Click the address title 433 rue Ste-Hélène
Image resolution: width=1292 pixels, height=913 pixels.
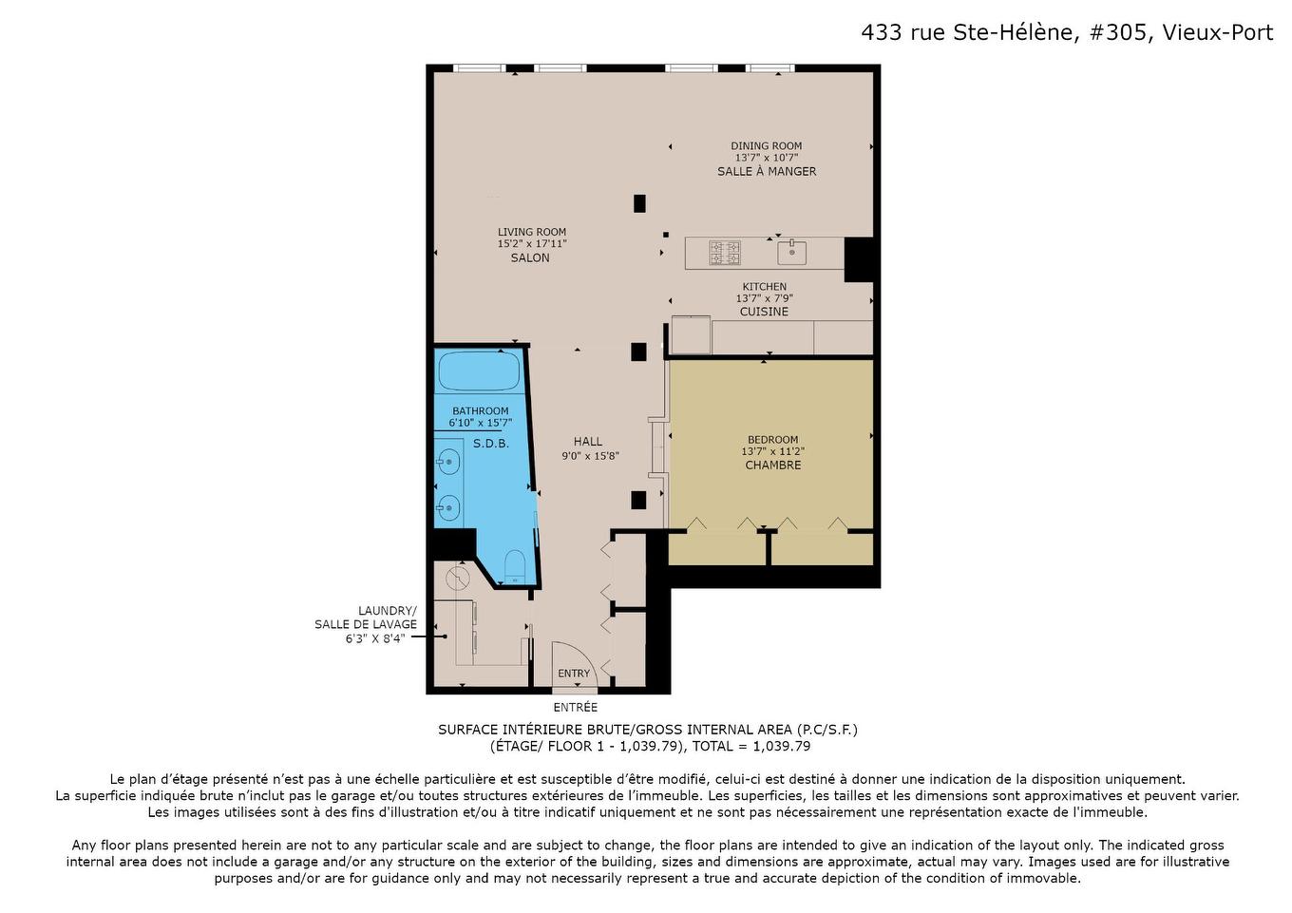click(1066, 32)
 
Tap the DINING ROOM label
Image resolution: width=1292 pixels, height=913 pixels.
click(766, 146)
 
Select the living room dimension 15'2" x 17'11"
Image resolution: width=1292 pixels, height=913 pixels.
click(532, 244)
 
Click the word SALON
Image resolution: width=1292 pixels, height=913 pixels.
click(530, 258)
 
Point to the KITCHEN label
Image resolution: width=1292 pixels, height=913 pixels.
click(764, 287)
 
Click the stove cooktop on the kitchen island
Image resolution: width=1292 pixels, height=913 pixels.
click(725, 253)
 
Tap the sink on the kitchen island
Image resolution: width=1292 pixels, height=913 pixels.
click(791, 253)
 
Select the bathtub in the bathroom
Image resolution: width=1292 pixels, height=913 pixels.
click(479, 371)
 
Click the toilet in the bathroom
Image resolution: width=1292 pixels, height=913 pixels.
click(514, 568)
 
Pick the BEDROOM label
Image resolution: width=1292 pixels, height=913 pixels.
click(772, 440)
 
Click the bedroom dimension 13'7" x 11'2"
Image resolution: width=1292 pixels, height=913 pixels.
click(772, 452)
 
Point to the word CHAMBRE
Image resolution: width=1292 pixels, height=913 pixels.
click(772, 466)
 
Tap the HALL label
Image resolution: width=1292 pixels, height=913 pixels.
click(588, 442)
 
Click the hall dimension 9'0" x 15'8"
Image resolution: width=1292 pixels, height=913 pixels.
click(590, 456)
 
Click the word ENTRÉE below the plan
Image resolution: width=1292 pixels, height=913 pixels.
click(576, 708)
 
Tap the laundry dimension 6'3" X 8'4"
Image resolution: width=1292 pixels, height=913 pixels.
click(375, 638)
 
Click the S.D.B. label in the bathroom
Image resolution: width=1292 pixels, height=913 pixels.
click(491, 444)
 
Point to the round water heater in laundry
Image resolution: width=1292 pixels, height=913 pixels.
click(458, 578)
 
